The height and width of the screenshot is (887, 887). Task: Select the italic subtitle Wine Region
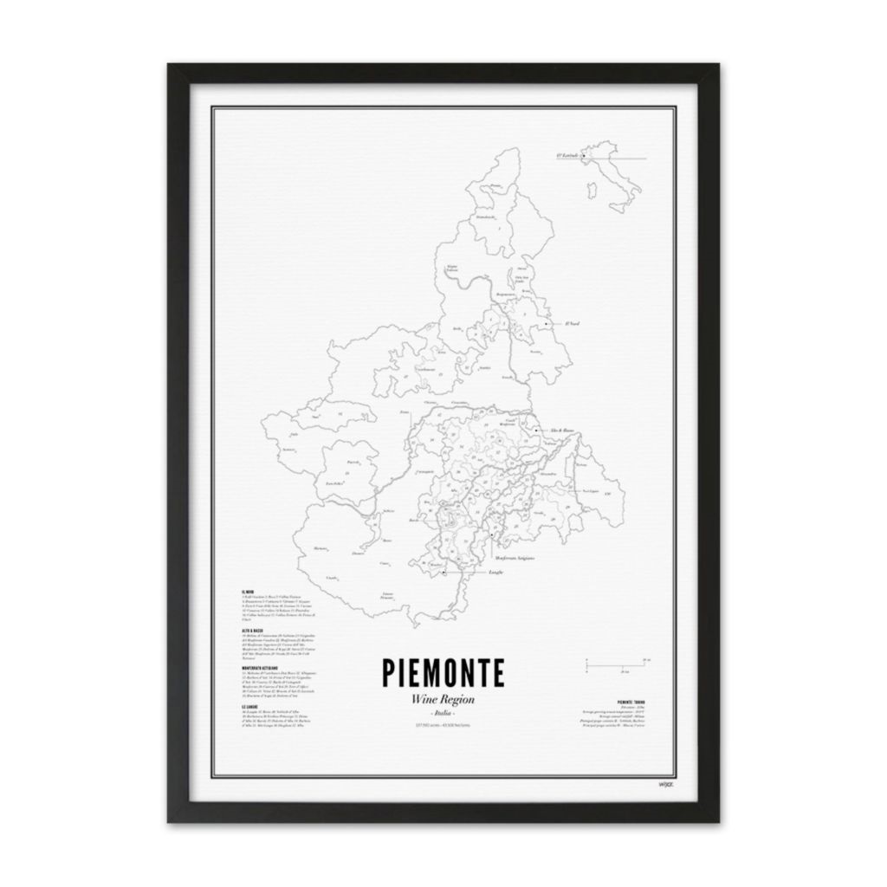click(x=444, y=701)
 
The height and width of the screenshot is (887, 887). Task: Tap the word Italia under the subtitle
click(x=444, y=712)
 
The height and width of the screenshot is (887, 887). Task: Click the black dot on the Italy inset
click(x=584, y=157)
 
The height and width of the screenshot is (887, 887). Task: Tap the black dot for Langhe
click(x=443, y=573)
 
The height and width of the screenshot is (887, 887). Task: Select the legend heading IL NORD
click(x=249, y=592)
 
